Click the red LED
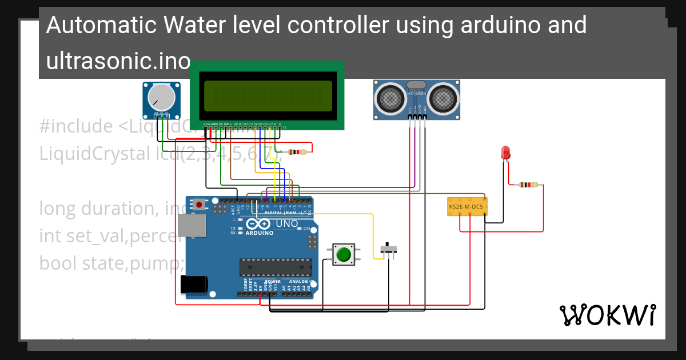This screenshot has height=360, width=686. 505,153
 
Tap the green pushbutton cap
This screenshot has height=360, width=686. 343,254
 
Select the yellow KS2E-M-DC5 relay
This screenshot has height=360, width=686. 466,206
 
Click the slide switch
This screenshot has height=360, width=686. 389,249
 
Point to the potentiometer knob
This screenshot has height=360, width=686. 161,97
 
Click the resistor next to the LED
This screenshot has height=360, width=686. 528,185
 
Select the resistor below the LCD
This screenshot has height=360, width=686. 297,152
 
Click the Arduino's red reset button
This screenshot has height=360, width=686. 199,204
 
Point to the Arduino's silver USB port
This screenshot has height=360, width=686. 191,226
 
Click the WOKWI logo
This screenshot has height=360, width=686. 607,315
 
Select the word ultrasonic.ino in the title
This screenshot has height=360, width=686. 117,61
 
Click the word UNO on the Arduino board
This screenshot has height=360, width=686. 286,223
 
